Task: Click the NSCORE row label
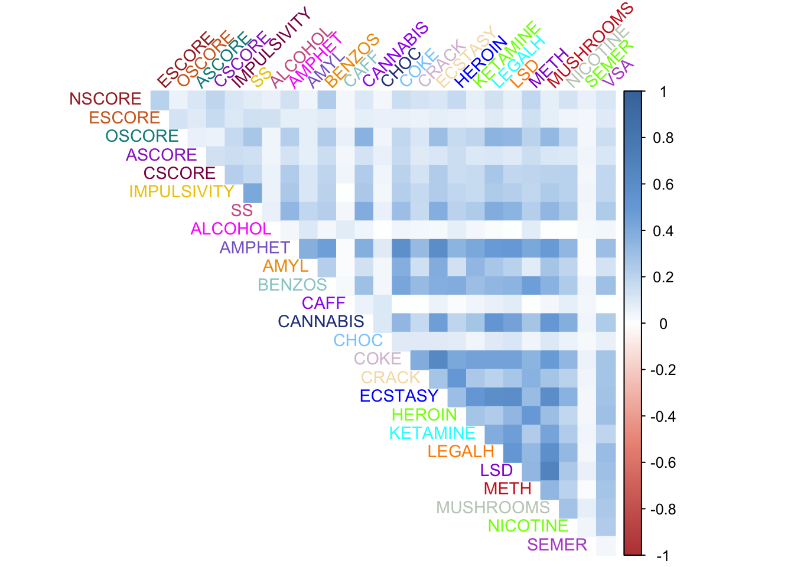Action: (105, 99)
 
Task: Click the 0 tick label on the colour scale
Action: (663, 324)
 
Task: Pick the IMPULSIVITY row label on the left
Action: (181, 192)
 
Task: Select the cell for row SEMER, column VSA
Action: (606, 545)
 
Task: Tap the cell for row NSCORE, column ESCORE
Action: (160, 99)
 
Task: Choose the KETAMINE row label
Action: (432, 434)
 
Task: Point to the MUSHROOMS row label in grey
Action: (493, 508)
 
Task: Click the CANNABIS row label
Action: (321, 322)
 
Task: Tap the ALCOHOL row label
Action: (231, 229)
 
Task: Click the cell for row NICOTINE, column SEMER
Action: (587, 526)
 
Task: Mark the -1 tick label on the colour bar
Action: (662, 556)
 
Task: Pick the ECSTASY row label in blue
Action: (399, 396)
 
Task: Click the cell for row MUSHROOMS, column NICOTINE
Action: (569, 508)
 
